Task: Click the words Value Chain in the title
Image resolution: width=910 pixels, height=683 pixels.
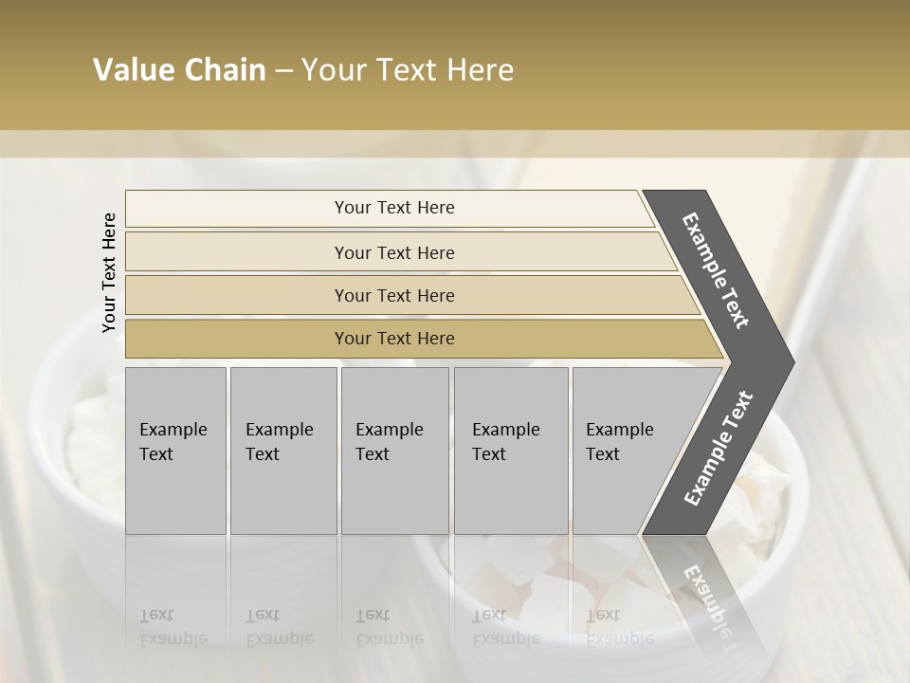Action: [179, 70]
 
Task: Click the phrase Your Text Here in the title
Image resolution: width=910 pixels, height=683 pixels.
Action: [408, 70]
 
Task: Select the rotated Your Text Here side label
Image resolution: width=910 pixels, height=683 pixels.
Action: [109, 273]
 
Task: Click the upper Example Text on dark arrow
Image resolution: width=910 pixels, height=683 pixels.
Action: [716, 270]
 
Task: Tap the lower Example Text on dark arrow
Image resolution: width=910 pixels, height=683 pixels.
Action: [719, 448]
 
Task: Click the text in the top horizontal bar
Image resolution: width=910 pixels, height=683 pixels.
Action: [394, 208]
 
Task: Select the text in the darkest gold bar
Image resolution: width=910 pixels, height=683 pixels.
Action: [394, 339]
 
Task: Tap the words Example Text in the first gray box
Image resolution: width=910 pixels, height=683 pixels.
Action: [173, 442]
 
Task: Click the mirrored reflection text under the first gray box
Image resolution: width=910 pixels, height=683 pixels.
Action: [173, 627]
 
